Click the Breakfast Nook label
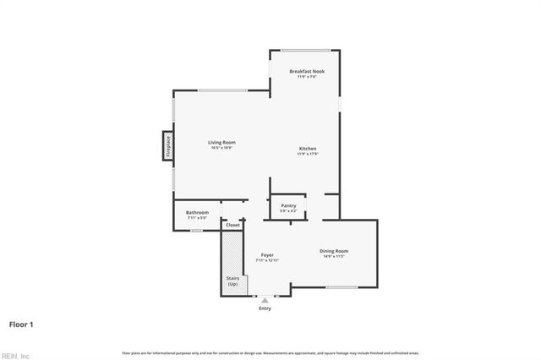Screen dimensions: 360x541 pos(306,71)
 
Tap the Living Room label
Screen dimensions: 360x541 pos(221,142)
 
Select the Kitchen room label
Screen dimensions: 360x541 pos(306,149)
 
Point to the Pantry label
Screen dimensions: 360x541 pos(288,205)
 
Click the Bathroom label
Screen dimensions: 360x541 pos(197,212)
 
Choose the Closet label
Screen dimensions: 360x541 pos(232,225)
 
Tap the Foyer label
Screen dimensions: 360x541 pos(267,254)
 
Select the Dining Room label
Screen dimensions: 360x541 pos(334,251)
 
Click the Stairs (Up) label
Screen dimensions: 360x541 pos(232,281)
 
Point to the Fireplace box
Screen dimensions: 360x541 pos(167,145)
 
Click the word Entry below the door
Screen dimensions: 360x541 pos(265,308)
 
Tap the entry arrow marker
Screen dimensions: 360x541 pos(265,299)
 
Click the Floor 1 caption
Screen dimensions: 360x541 pos(21,324)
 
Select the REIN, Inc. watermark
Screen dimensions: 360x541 pos(16,355)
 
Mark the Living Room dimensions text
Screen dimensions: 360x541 pos(221,148)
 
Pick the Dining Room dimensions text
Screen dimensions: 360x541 pos(334,256)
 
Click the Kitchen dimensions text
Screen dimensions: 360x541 pos(306,154)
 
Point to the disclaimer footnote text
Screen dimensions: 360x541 pos(270,352)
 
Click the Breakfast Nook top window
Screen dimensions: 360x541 pos(305,50)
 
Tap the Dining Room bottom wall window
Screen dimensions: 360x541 pos(342,288)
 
